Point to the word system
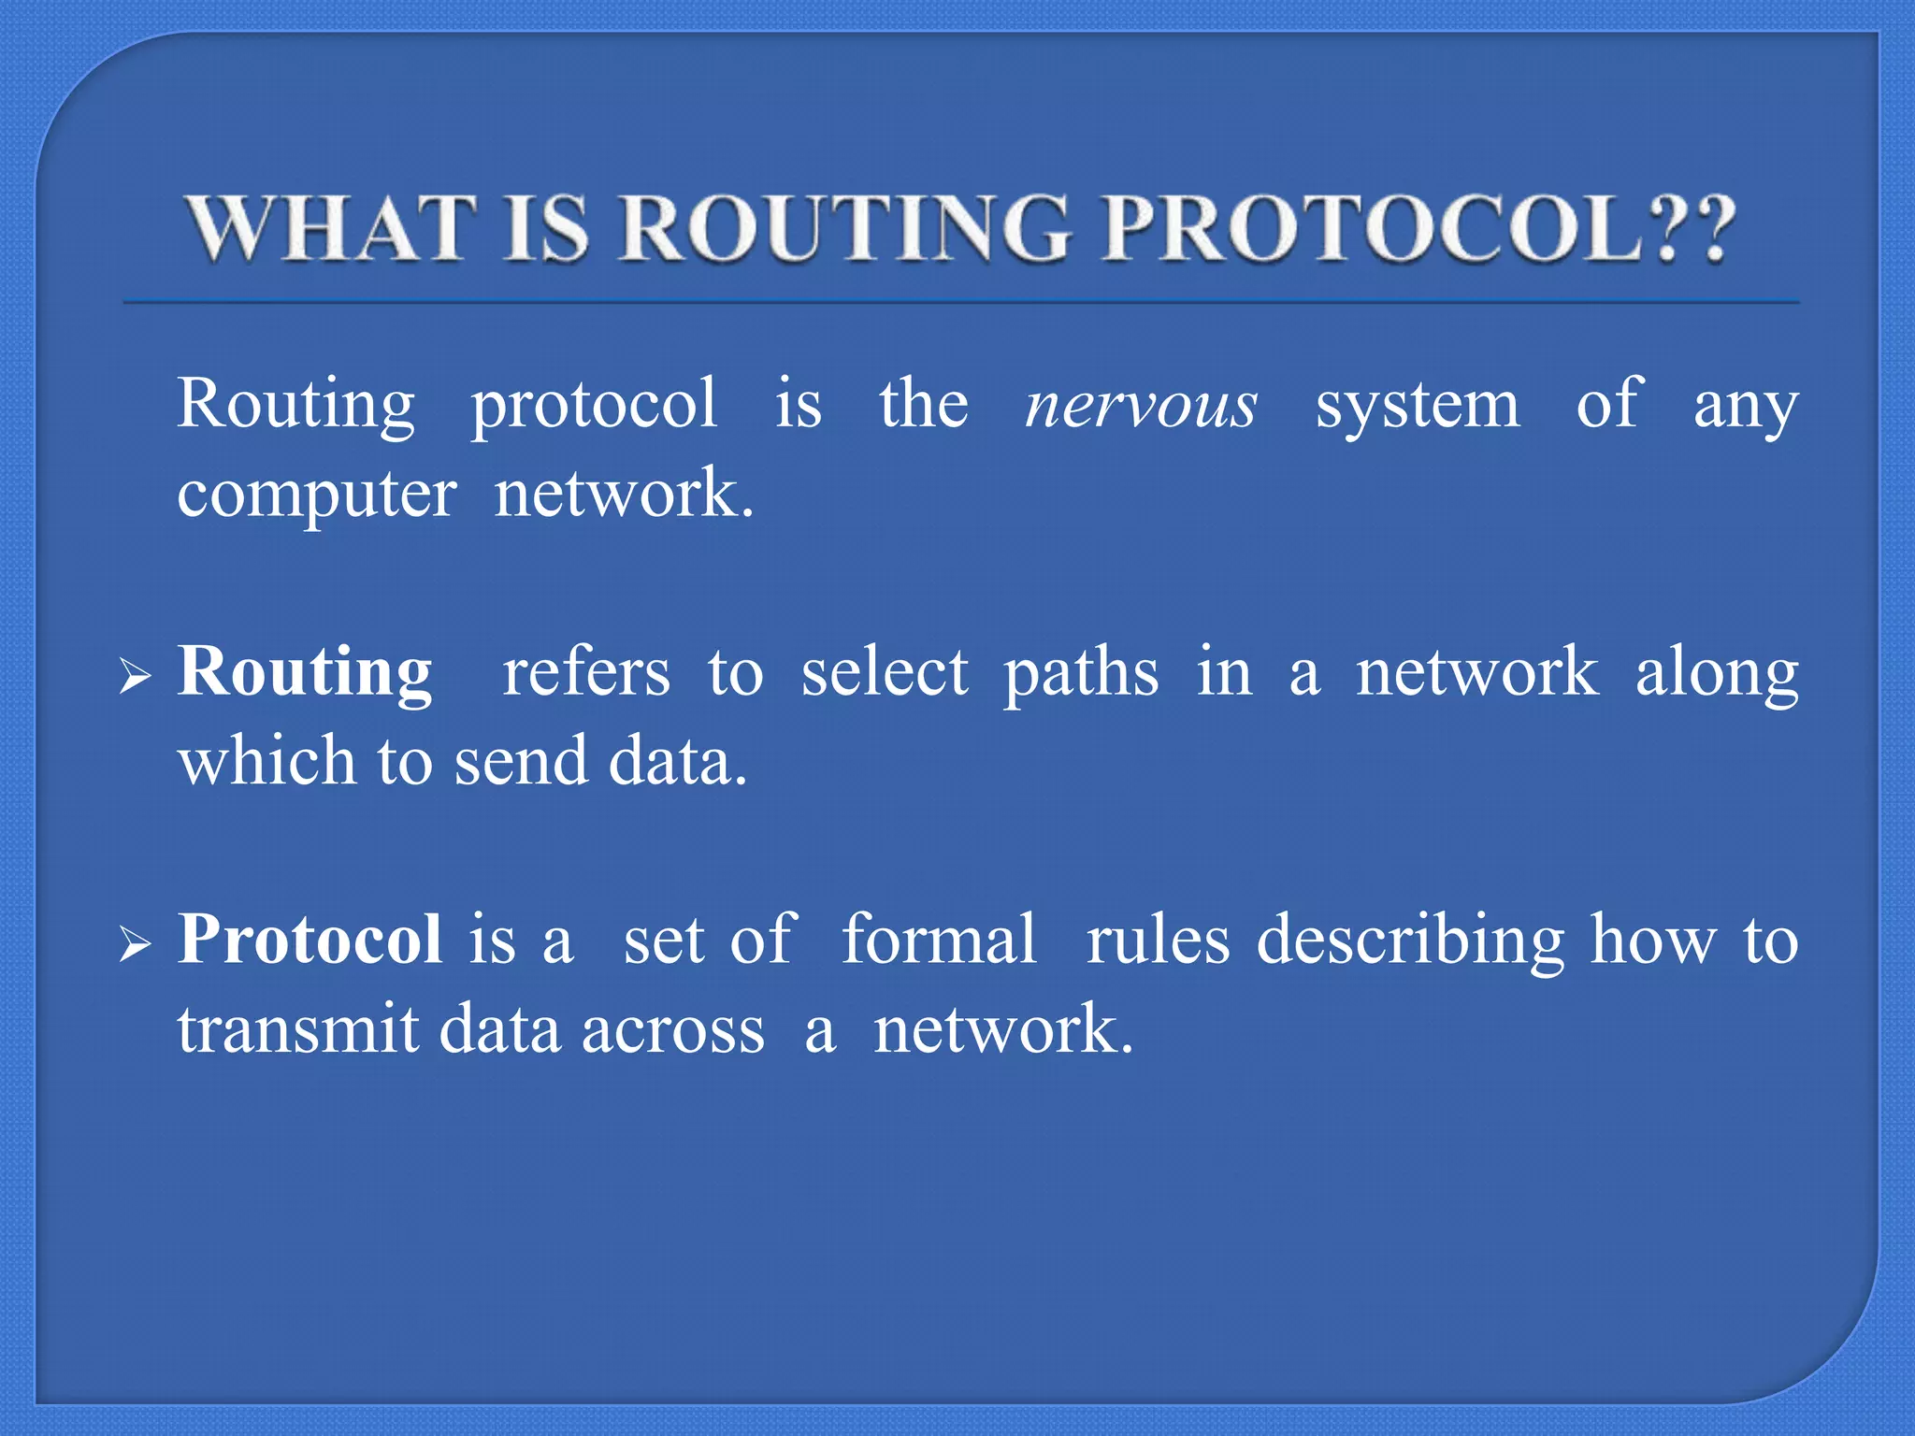[1418, 407]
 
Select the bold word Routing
[305, 673]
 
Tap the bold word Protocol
[310, 939]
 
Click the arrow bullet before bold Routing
[135, 675]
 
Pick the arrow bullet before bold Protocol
[135, 943]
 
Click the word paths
[1081, 673]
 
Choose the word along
[1717, 673]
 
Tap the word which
[266, 761]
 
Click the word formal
[939, 939]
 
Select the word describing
[1410, 941]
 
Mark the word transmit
[298, 1029]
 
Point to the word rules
[1158, 939]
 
